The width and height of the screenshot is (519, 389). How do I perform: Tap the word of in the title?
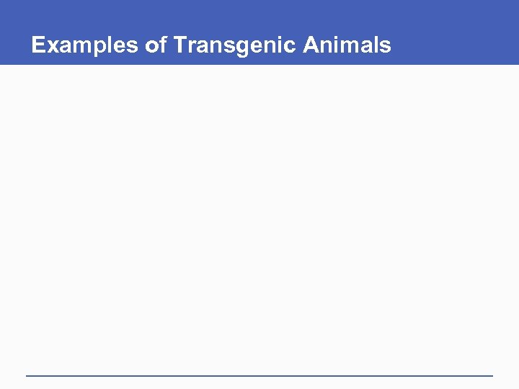[156, 45]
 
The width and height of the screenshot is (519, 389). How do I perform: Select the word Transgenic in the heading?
[235, 45]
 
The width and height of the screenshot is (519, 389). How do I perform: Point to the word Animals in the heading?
[347, 45]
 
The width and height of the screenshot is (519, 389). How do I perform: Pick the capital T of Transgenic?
[179, 45]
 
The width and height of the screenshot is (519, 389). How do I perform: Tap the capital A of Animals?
[311, 45]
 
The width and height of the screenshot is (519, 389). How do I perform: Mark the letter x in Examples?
[50, 46]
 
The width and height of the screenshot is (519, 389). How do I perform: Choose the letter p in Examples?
[95, 48]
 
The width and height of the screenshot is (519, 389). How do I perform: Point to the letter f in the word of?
[163, 45]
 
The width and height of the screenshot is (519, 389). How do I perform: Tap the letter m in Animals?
[349, 46]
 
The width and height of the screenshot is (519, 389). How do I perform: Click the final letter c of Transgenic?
[290, 46]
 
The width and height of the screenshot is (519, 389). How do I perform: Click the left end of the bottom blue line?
[27, 375]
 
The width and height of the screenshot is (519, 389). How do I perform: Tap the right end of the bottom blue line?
[492, 375]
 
